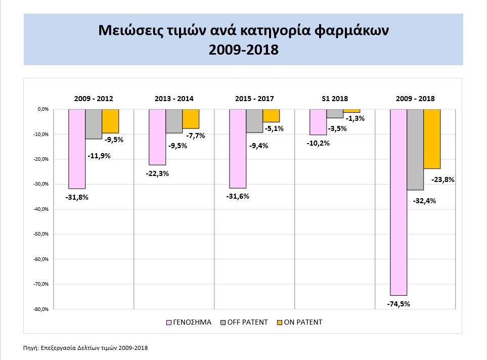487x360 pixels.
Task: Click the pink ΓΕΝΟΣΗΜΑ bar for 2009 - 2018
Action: coord(399,202)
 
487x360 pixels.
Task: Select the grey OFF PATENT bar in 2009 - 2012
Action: coord(94,124)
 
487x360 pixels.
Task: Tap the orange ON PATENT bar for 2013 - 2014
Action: coord(191,119)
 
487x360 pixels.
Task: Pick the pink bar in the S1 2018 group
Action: coord(318,122)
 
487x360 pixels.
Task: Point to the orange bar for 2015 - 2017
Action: coord(271,116)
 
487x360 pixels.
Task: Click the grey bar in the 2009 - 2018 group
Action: coord(415,150)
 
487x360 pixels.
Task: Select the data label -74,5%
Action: coord(399,304)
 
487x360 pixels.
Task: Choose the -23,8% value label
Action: coord(443,179)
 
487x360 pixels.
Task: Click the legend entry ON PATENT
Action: coord(302,322)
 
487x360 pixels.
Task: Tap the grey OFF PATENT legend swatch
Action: coord(223,322)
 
